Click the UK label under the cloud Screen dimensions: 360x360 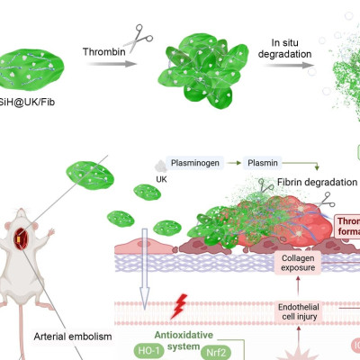pos(163,179)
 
